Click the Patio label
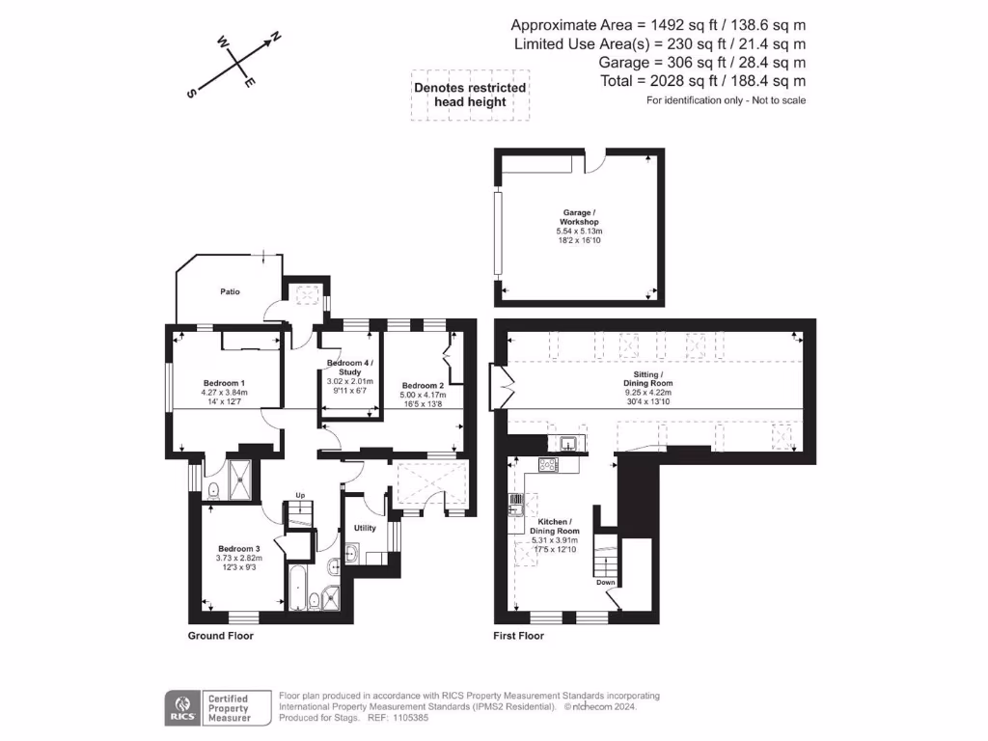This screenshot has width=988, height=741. pos(229,291)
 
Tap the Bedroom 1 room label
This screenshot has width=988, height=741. pos(225,380)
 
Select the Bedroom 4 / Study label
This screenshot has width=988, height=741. pos(348,369)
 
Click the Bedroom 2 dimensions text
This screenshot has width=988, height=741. pos(422,398)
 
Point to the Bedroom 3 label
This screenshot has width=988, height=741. pos(238,548)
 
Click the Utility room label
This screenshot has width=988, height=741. pos(365,528)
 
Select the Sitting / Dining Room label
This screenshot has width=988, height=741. pos(647,378)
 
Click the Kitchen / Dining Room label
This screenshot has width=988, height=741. pos(555,526)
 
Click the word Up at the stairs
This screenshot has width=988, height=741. pos(300,496)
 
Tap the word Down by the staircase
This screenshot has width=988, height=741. pos(605,583)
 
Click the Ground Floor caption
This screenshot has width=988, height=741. pos(220,636)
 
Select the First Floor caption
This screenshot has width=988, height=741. pos(519,636)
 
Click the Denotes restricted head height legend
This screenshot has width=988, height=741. pos(470,95)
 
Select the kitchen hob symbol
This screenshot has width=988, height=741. pos(548,465)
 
